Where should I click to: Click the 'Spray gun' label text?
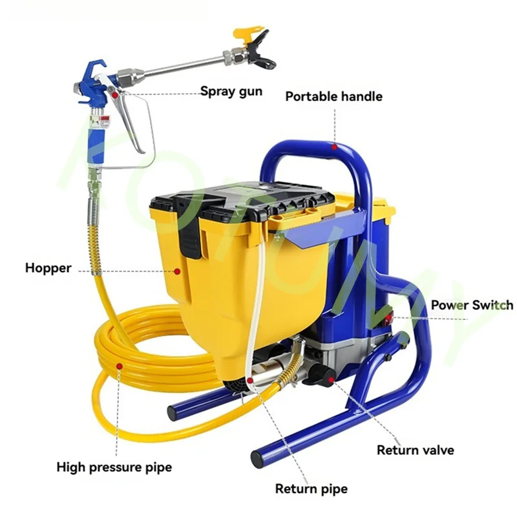click(x=231, y=91)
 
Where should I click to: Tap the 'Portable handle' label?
click(x=333, y=97)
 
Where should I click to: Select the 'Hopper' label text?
click(x=48, y=268)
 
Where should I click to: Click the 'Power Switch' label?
click(x=472, y=305)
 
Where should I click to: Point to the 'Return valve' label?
click(x=415, y=450)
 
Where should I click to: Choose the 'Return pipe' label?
click(x=311, y=489)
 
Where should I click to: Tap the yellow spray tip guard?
click(x=249, y=32)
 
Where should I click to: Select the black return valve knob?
click(x=321, y=374)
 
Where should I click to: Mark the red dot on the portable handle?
click(x=334, y=147)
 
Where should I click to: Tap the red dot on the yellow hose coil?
click(x=120, y=366)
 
